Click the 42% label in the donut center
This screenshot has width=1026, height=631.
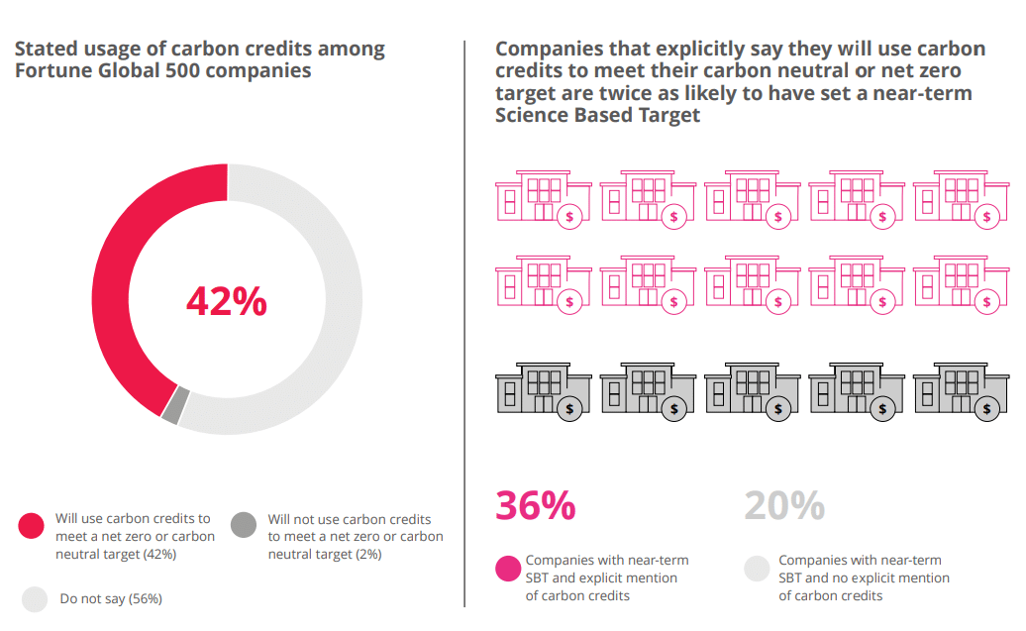[x=227, y=300]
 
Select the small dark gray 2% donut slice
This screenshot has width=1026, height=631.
[x=171, y=405]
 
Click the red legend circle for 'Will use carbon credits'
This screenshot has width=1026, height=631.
[x=33, y=526]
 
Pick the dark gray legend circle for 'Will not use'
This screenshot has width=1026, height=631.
[x=243, y=526]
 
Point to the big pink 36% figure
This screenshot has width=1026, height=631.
[x=535, y=505]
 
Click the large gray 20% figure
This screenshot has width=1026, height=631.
[x=784, y=505]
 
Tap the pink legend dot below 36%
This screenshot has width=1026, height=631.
[x=508, y=568]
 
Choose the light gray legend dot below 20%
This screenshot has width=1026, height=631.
[x=757, y=568]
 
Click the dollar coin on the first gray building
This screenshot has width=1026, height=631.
[x=570, y=407]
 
